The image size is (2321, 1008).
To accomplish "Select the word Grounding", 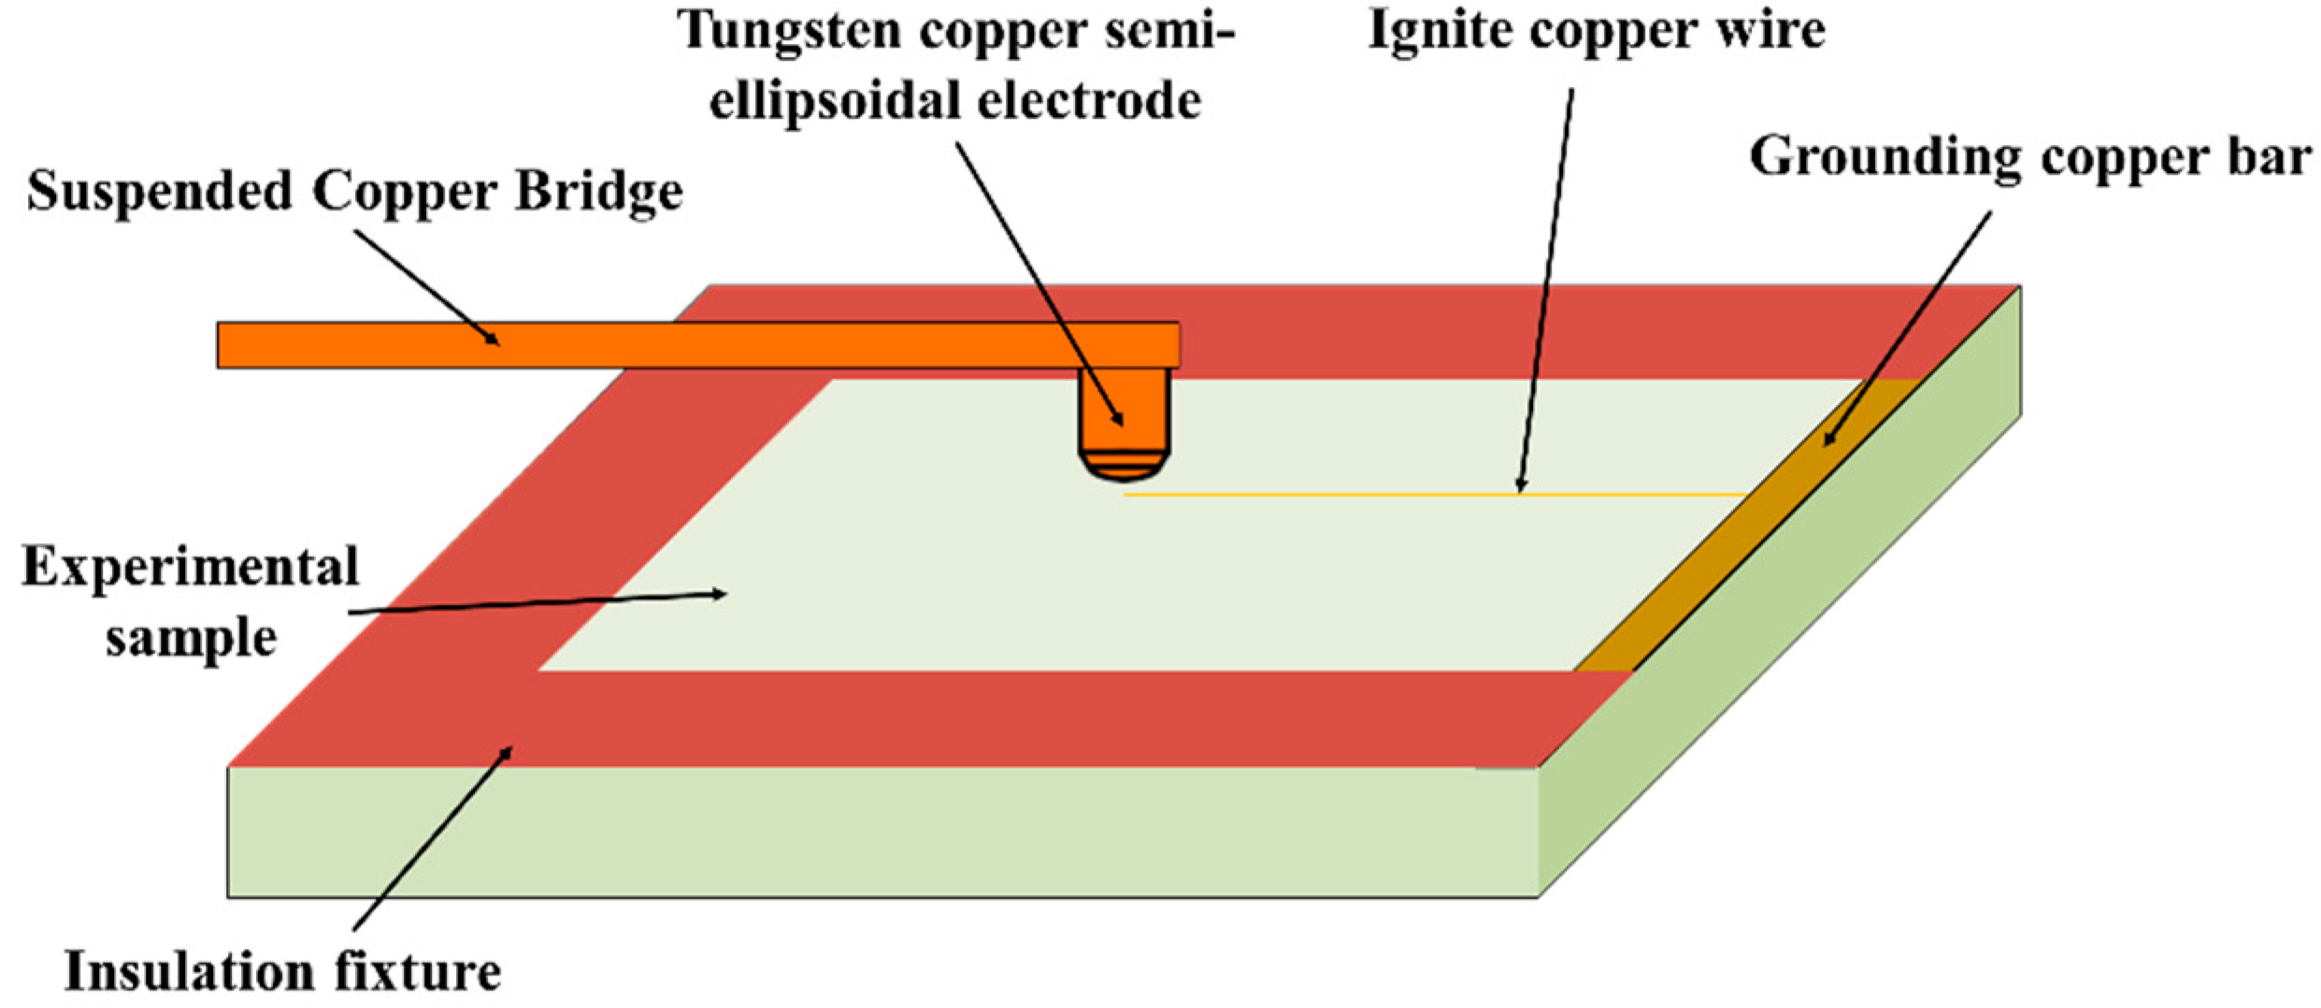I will pos(1886,156).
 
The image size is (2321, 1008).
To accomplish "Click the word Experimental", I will pos(191,568).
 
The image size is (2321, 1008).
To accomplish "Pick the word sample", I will pos(191,639).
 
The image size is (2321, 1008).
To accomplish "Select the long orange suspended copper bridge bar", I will pos(654,345).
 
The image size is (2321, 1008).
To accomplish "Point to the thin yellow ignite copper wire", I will pos(1402,494).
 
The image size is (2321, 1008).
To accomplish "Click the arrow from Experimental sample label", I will pos(537,603).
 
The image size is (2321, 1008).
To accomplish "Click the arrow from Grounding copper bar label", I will pos(1907,327).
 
